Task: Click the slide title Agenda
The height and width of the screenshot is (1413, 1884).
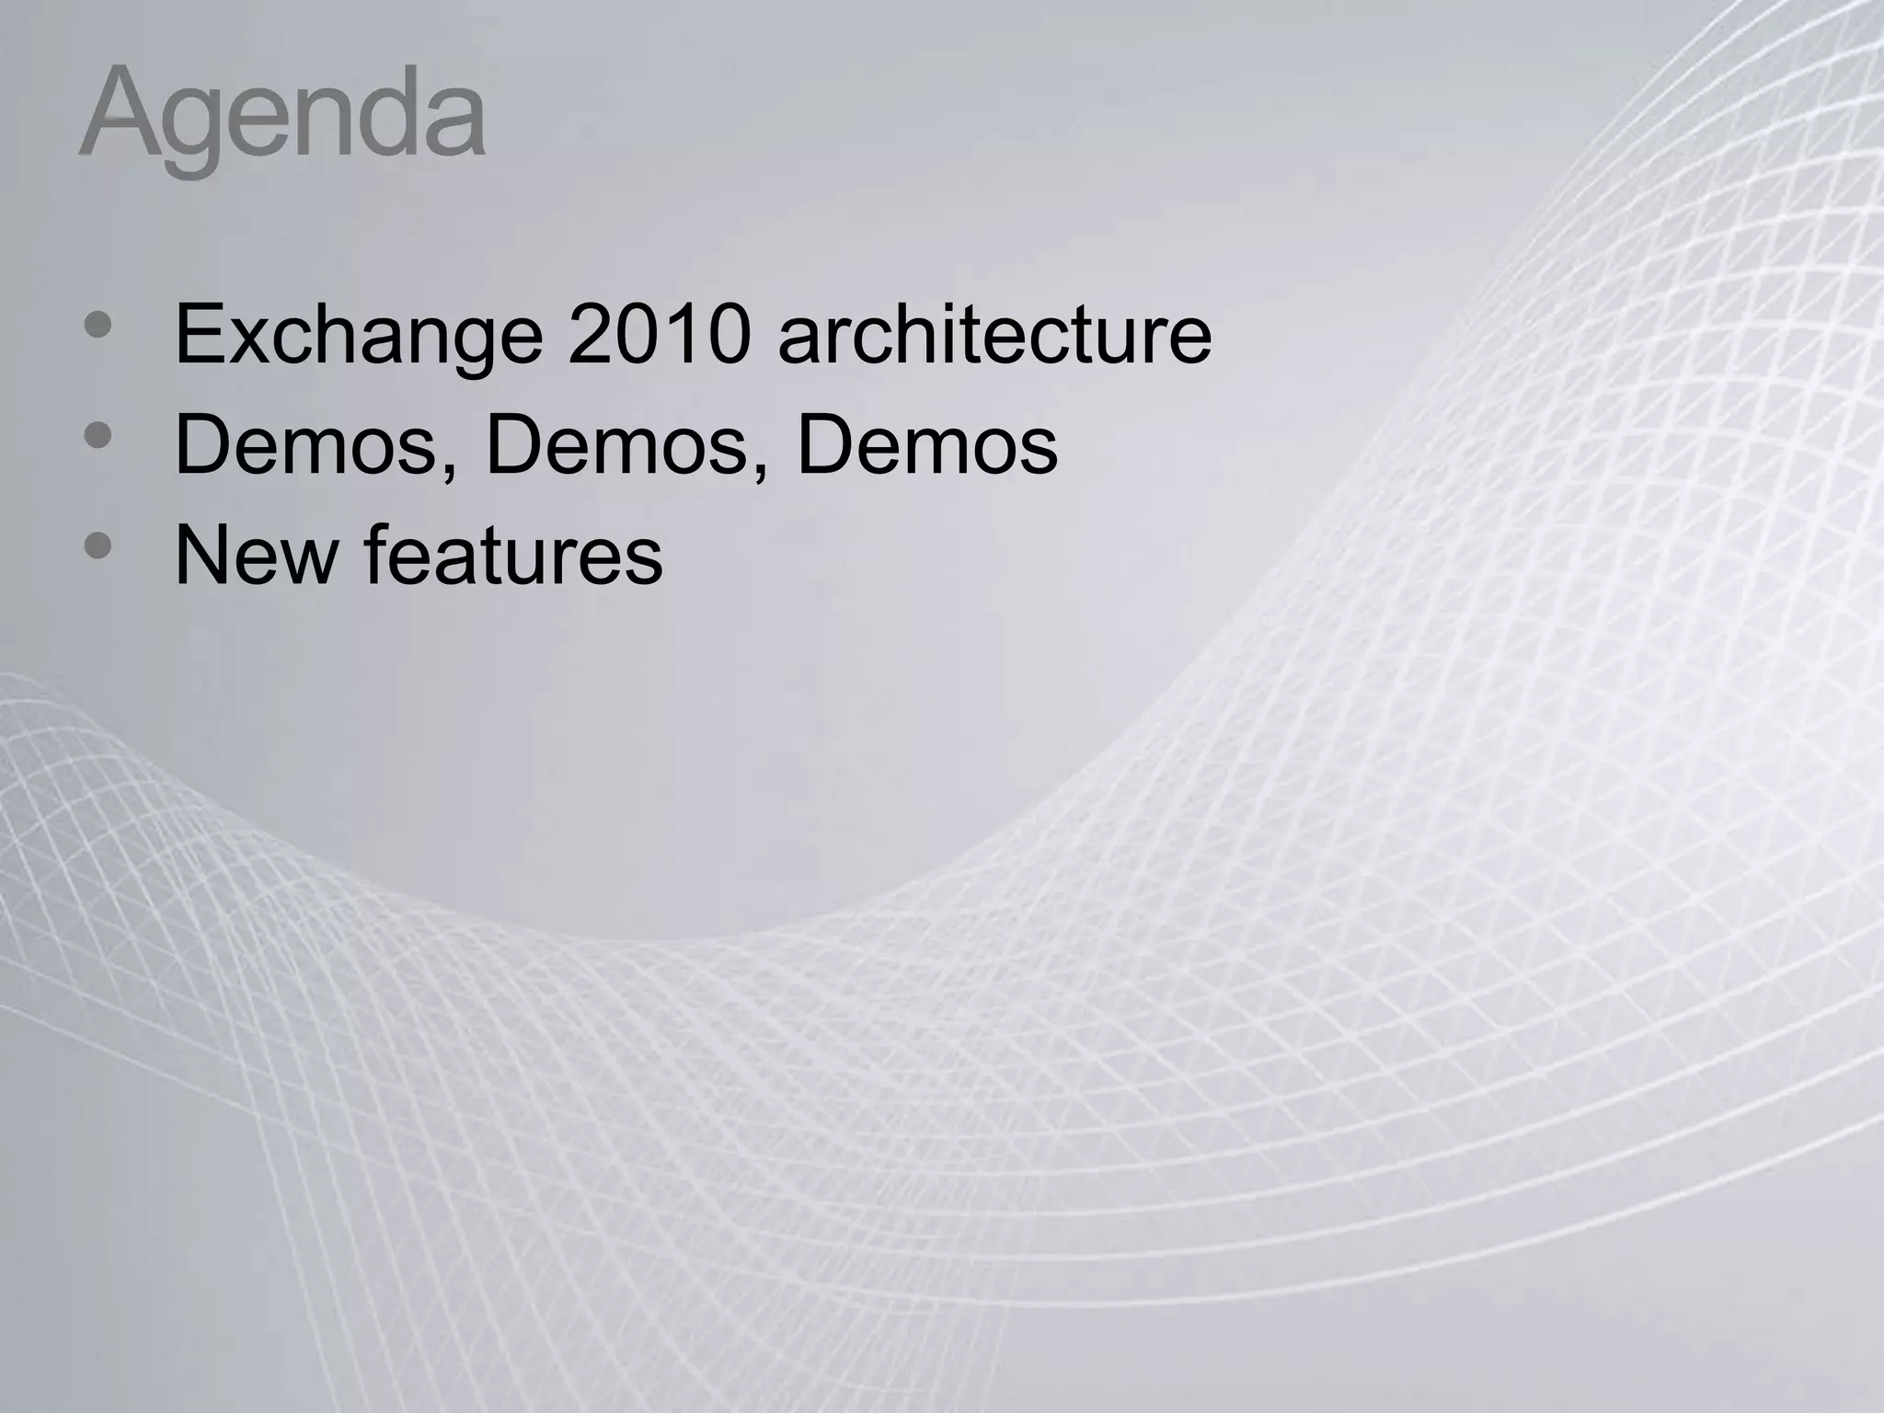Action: pos(281,116)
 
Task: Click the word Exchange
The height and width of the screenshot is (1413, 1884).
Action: pos(359,337)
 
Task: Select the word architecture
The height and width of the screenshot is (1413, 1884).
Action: pos(994,335)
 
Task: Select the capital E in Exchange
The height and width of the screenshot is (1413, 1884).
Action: pos(199,335)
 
